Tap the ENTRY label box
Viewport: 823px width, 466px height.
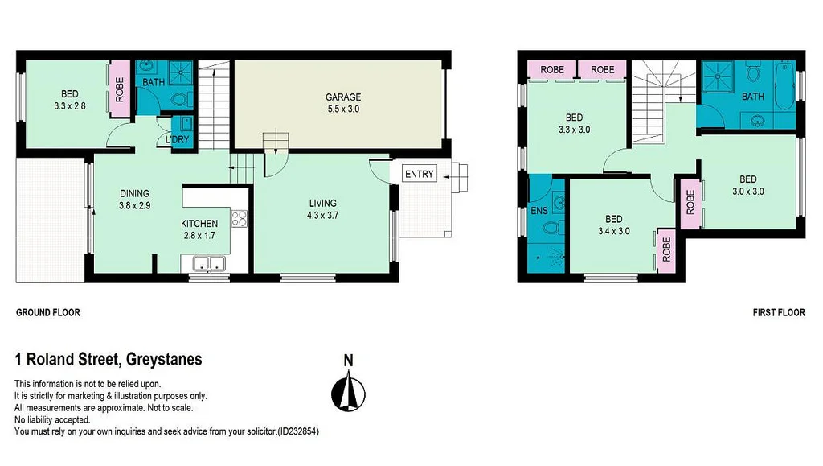click(x=419, y=174)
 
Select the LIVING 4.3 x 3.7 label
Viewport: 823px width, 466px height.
click(x=321, y=209)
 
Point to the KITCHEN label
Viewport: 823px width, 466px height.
click(x=199, y=223)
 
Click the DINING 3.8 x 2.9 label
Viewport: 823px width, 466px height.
click(x=135, y=199)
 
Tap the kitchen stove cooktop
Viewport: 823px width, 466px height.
click(x=240, y=217)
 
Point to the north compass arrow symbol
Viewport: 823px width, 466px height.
click(x=348, y=393)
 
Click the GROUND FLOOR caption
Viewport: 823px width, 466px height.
click(x=48, y=312)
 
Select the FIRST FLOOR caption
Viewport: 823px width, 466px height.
click(x=778, y=312)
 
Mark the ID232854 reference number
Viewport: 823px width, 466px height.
click(x=297, y=431)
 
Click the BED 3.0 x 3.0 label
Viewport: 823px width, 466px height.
click(x=747, y=185)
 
